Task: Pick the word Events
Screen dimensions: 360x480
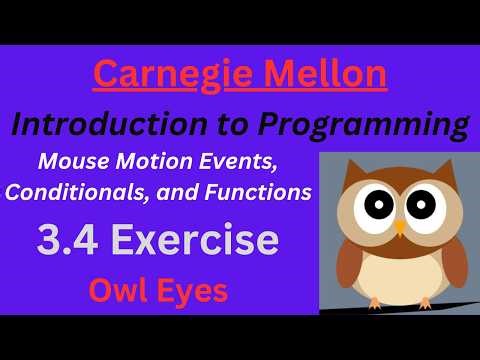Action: (271, 161)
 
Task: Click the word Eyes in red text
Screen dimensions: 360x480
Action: (195, 292)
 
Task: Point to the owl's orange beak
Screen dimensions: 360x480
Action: (399, 227)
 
